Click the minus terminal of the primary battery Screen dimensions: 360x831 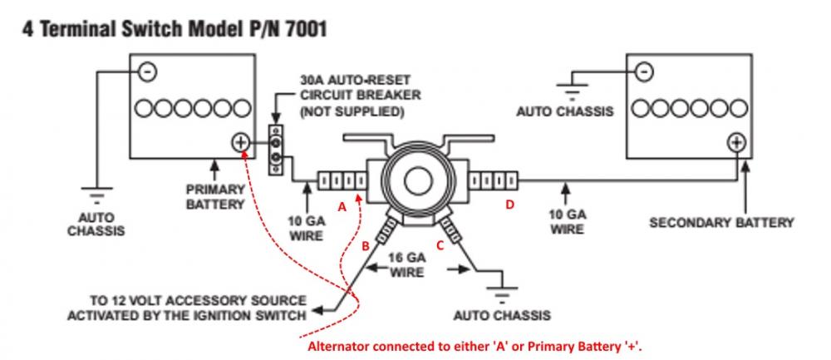[x=147, y=72]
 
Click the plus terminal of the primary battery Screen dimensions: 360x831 [x=241, y=142]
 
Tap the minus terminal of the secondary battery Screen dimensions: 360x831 [x=644, y=71]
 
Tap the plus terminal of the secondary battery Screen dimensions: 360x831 [x=736, y=142]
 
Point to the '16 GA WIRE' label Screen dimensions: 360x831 [x=407, y=265]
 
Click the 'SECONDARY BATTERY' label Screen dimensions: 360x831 [x=720, y=223]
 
